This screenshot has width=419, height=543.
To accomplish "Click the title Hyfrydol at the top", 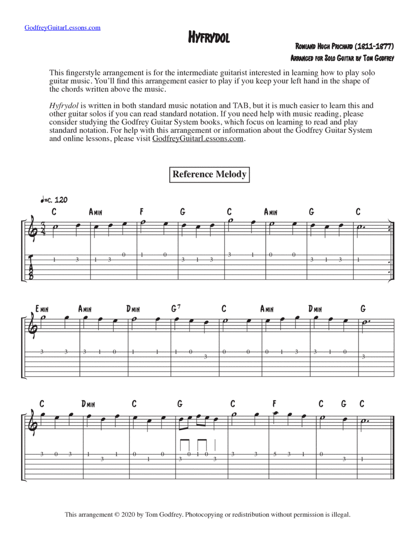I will [x=209, y=38].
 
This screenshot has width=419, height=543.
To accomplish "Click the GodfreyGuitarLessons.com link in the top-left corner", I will [x=62, y=27].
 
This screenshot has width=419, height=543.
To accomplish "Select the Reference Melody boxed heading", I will [x=209, y=174].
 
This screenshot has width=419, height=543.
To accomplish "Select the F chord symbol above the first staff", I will [x=142, y=212].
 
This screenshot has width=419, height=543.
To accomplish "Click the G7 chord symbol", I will [x=176, y=309].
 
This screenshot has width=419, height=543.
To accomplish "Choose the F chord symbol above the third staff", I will [x=275, y=404].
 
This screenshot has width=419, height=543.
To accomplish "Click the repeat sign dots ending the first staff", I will [x=390, y=228].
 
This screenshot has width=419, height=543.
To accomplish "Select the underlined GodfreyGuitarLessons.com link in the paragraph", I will [x=198, y=139].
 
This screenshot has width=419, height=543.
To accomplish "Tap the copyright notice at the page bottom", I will [x=207, y=515].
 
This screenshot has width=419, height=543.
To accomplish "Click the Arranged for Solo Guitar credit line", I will [x=342, y=58].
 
